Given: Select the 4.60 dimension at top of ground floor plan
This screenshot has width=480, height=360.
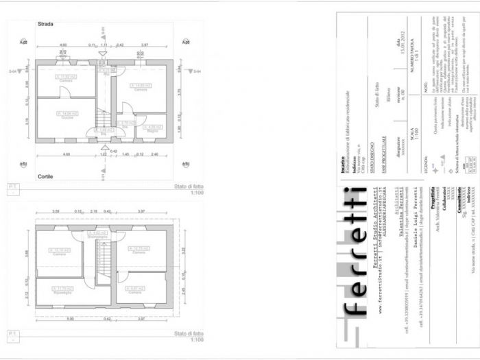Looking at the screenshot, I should (x=62, y=45).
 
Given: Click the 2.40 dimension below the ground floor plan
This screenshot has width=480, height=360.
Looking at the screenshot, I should (x=154, y=154).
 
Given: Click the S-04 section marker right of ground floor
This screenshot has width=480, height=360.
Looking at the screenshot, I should (x=195, y=71).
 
